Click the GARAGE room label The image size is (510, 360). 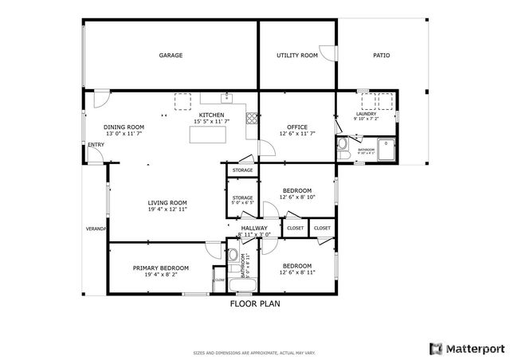[x=171, y=56]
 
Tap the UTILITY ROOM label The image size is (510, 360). [x=297, y=56]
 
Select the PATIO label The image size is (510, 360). [x=382, y=56]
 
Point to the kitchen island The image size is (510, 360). [x=207, y=135]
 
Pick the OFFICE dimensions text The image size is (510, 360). [x=297, y=134]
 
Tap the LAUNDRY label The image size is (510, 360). [x=366, y=115]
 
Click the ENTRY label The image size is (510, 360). [x=96, y=145]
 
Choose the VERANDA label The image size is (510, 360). [x=96, y=229]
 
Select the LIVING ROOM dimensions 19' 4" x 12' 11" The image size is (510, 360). [x=167, y=210]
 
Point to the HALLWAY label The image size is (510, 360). [x=254, y=229]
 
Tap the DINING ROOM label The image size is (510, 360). [x=124, y=127]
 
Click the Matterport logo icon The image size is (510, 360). [x=435, y=348]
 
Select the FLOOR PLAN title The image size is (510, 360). [x=255, y=303]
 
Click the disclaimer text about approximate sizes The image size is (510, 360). [x=255, y=353]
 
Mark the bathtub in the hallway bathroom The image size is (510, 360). [x=241, y=285]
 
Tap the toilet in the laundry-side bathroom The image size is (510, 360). [x=342, y=145]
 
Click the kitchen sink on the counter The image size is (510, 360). [x=227, y=98]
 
